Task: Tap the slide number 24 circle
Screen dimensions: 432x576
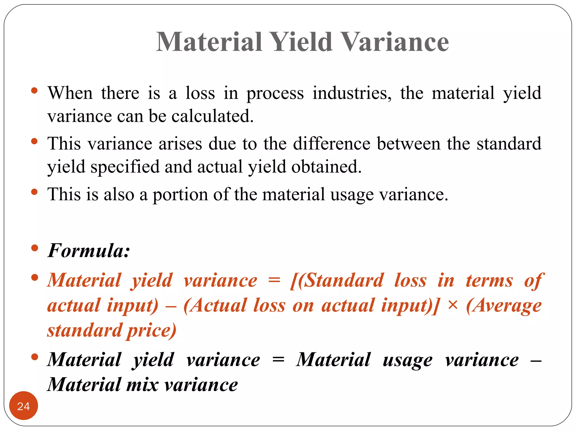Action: click(x=23, y=406)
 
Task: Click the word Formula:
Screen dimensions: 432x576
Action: click(x=89, y=250)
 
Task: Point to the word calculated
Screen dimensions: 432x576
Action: click(x=213, y=116)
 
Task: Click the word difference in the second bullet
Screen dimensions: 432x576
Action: click(x=332, y=143)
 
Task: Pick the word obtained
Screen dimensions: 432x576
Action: click(x=326, y=166)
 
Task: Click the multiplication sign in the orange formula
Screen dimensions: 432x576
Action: click(x=452, y=305)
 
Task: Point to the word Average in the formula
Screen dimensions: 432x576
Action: click(x=504, y=305)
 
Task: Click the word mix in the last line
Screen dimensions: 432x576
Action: click(x=142, y=384)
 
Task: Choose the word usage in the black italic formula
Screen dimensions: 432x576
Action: click(x=408, y=360)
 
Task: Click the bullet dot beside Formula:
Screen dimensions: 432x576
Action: click(x=35, y=248)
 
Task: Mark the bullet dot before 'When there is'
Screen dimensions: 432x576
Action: click(x=35, y=91)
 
